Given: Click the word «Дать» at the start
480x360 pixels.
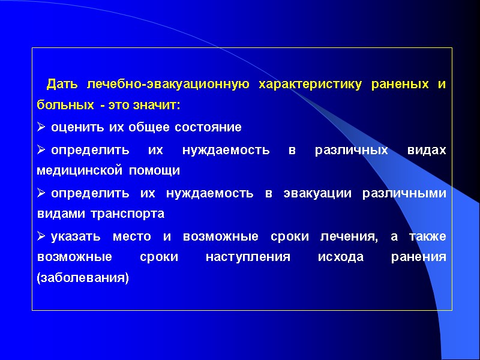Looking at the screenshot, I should click(62, 84).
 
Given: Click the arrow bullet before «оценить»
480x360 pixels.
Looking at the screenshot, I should click(41, 127).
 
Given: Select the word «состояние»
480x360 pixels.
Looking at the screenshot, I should click(209, 127).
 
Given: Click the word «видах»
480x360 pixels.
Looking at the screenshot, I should click(431, 149).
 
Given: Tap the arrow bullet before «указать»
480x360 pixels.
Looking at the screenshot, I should click(41, 236).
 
